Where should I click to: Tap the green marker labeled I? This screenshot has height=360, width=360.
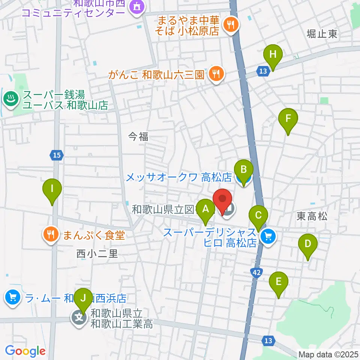tap(52, 191)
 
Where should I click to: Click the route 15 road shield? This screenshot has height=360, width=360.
tap(56, 154)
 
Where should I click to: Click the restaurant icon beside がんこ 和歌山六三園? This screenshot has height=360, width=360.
tap(216, 73)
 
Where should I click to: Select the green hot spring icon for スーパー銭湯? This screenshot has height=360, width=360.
tap(10, 99)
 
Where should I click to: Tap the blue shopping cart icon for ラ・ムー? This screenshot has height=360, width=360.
tap(12, 298)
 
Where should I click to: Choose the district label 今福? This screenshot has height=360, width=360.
tap(138, 137)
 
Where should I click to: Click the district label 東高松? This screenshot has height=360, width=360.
tap(312, 216)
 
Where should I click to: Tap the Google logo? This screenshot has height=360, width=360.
tap(25, 351)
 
